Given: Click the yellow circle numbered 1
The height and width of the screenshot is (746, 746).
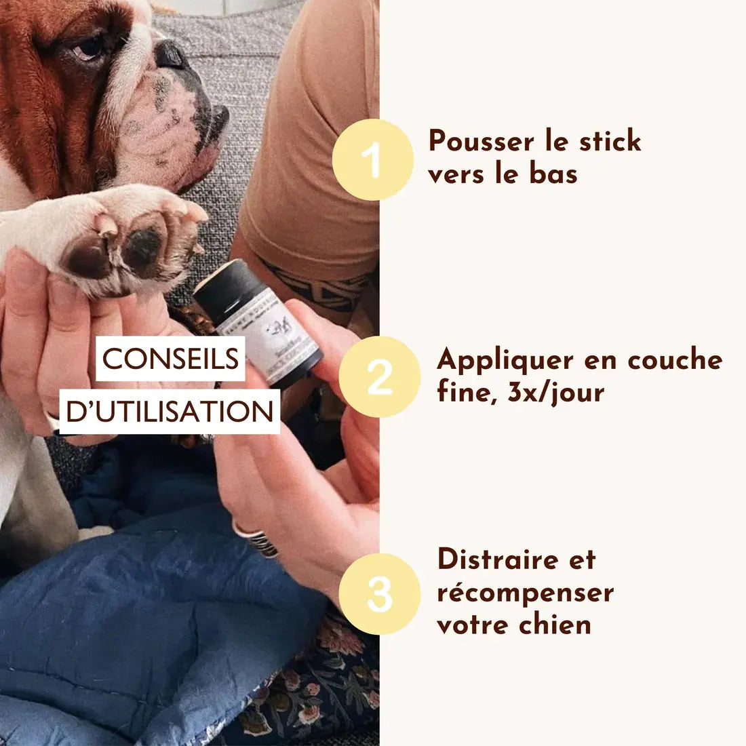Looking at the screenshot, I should (372, 159).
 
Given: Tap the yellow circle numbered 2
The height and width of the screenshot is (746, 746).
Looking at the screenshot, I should (379, 376).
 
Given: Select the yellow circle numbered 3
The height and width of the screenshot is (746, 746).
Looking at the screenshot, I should (379, 593).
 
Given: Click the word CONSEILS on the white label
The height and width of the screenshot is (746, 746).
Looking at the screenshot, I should (170, 359).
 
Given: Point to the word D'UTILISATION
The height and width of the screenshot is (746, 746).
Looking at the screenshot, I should (170, 412).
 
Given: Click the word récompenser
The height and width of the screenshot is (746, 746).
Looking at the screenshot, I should (525, 592).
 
